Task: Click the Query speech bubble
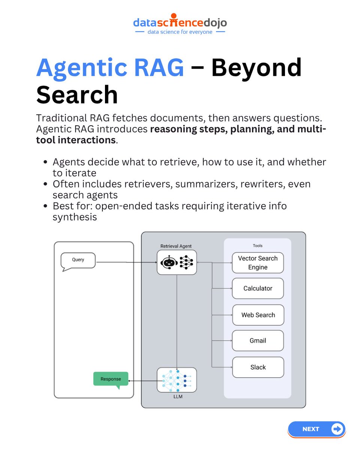78,260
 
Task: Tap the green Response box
111,379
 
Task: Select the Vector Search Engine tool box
258,262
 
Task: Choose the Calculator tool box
258,288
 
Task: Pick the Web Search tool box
258,315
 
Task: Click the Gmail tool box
258,340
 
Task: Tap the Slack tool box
258,367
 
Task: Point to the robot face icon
169,262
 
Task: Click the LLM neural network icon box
177,380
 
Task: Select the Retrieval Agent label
176,246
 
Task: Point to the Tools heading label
258,246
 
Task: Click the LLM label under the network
178,396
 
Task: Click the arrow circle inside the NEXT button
337,429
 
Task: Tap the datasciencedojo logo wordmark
180,23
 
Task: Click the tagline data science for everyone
180,32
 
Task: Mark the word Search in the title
77,94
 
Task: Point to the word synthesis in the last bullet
75,217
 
